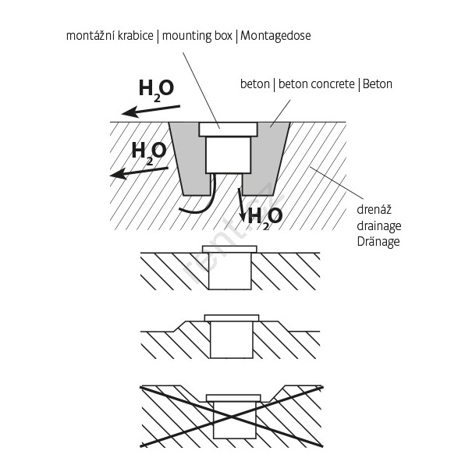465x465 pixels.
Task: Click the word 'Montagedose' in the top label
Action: tap(275, 36)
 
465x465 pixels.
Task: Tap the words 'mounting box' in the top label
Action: tap(197, 36)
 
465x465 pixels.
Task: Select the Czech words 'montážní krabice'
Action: tap(110, 36)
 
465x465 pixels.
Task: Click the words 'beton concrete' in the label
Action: tap(317, 84)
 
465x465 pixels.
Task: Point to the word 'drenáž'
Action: tap(374, 210)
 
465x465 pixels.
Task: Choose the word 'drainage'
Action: tap(379, 226)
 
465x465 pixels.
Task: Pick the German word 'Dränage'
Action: tap(378, 242)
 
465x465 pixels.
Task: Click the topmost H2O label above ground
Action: tap(156, 89)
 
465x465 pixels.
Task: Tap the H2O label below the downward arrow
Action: tap(264, 218)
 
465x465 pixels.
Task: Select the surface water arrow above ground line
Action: tap(151, 111)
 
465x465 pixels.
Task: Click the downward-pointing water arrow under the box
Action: tap(241, 204)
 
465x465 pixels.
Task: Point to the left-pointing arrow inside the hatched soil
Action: tap(139, 172)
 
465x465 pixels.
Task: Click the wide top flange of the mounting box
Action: tap(228, 130)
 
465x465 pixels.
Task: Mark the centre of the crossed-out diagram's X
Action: tap(231, 417)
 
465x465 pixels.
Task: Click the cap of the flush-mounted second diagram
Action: tap(229, 249)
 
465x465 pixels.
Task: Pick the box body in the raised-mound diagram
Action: tap(232, 340)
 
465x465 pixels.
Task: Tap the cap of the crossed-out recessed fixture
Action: tap(233, 398)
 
